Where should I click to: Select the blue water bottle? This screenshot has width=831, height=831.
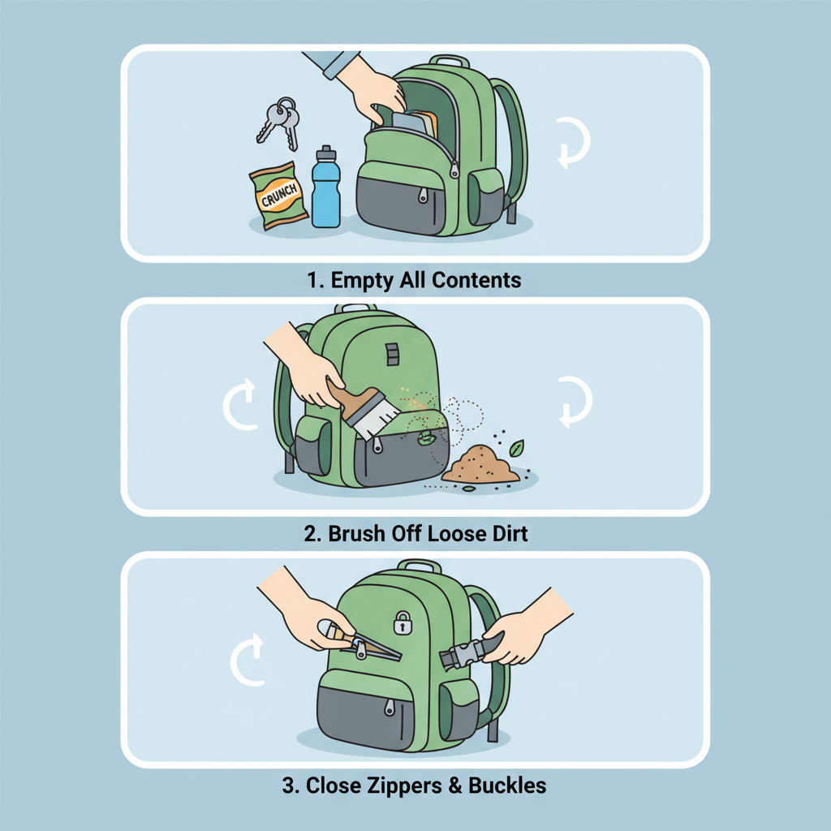tap(325, 192)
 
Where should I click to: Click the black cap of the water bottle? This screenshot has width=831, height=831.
tap(325, 153)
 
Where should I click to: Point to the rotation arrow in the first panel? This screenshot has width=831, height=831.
tap(573, 143)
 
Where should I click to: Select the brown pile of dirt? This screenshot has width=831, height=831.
tap(480, 466)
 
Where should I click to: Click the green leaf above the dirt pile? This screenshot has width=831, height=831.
tap(516, 447)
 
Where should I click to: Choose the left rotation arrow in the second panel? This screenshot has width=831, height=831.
tap(239, 403)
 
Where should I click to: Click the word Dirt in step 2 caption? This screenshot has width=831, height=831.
tap(505, 534)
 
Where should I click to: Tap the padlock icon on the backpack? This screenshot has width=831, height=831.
tap(402, 623)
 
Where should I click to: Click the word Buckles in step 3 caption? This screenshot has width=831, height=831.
tap(509, 786)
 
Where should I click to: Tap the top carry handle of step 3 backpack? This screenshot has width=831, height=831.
tap(420, 566)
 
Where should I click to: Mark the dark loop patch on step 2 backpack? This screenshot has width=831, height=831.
tap(393, 353)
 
